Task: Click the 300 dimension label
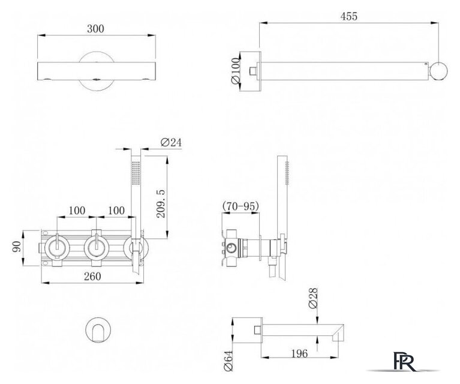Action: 95,29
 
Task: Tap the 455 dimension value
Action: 349,16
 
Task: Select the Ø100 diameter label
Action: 236,71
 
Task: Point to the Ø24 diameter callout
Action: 171,142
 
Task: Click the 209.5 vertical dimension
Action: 161,203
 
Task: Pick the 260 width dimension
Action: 92,276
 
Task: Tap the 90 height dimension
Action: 17,247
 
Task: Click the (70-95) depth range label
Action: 241,206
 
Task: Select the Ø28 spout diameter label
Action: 313,298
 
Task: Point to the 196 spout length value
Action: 299,353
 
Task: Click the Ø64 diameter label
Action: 228,361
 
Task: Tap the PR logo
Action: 404,362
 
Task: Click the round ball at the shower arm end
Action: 439,71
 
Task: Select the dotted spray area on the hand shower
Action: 136,173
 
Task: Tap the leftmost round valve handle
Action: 57,247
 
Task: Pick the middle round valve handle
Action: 97,247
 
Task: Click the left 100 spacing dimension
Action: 77,211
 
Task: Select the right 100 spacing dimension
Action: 116,211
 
